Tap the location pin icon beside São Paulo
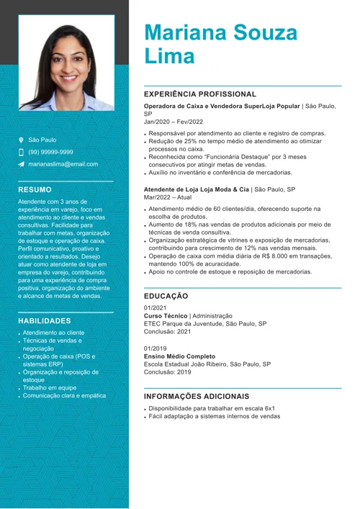(x=22, y=140)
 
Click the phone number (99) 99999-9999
(x=50, y=152)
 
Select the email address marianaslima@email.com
(x=63, y=164)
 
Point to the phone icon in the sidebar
(x=22, y=152)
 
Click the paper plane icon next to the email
(x=22, y=164)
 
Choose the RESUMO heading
(x=35, y=189)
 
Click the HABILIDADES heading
(x=45, y=320)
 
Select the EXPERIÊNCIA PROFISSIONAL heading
(x=200, y=94)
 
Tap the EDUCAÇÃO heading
(x=166, y=296)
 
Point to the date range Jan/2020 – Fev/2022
(x=174, y=122)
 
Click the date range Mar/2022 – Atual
(x=168, y=197)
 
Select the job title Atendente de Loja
(x=176, y=189)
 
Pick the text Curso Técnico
(x=166, y=315)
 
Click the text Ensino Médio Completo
(x=179, y=356)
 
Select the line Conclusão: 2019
(x=168, y=372)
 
